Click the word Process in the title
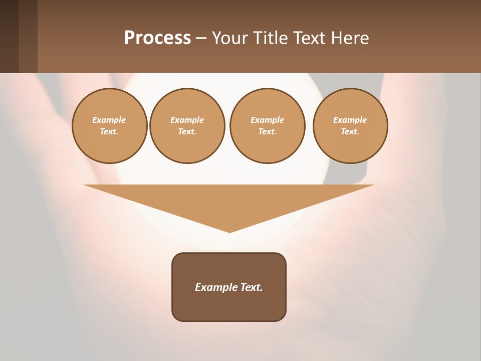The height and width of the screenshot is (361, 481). [x=157, y=38]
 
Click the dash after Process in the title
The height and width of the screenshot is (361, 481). [x=201, y=39]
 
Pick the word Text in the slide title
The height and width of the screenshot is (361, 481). [x=309, y=38]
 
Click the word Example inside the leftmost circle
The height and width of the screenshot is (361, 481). [x=109, y=120]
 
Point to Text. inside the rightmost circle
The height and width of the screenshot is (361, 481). [x=350, y=132]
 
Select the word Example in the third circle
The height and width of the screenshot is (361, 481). [x=268, y=120]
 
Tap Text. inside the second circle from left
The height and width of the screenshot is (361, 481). [x=187, y=132]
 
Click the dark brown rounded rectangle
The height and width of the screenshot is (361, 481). [x=229, y=306]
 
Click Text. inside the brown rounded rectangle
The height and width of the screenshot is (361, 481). [x=251, y=287]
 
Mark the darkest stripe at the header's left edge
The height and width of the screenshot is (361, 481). [x=9, y=36]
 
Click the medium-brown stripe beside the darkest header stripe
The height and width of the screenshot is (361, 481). [x=28, y=36]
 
